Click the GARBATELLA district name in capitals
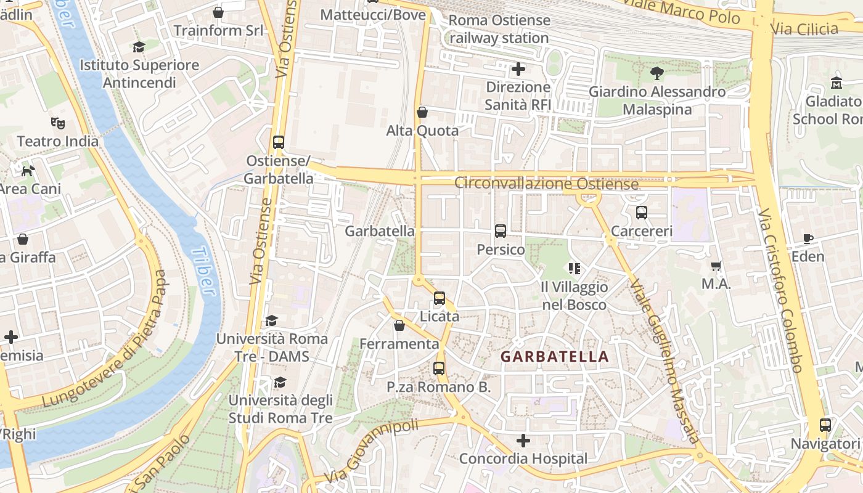pyautogui.click(x=554, y=356)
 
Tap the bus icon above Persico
pyautogui.click(x=501, y=231)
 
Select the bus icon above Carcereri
pyautogui.click(x=642, y=213)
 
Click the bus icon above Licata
pyautogui.click(x=440, y=298)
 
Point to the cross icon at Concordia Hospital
pyautogui.click(x=523, y=441)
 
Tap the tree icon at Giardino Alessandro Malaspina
pyautogui.click(x=657, y=73)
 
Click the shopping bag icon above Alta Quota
pyautogui.click(x=422, y=112)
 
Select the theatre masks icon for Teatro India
pyautogui.click(x=58, y=123)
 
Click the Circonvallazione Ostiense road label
pyautogui.click(x=546, y=184)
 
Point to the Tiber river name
pyautogui.click(x=203, y=271)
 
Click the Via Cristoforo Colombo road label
pyautogui.click(x=781, y=290)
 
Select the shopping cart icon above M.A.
pyautogui.click(x=716, y=266)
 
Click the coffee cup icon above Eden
pyautogui.click(x=808, y=238)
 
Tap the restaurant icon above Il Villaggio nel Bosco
pyautogui.click(x=575, y=269)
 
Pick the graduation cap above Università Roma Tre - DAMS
pyautogui.click(x=271, y=320)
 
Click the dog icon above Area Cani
pyautogui.click(x=28, y=170)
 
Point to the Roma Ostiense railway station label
pyautogui.click(x=499, y=29)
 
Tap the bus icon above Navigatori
pyautogui.click(x=825, y=425)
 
